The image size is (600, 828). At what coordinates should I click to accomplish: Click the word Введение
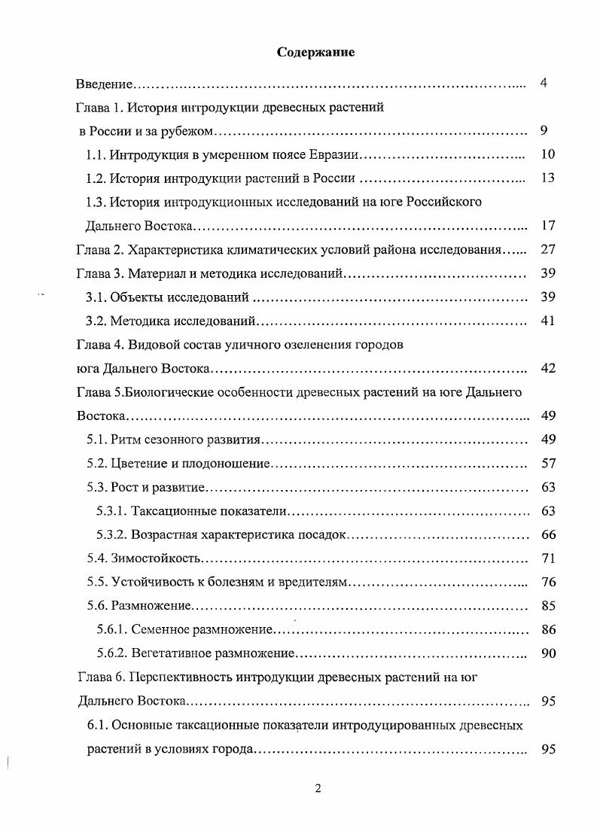(x=105, y=84)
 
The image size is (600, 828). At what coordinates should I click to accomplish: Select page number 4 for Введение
(x=544, y=83)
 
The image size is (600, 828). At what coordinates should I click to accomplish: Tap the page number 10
(x=547, y=155)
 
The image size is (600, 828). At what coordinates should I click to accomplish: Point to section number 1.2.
(x=96, y=179)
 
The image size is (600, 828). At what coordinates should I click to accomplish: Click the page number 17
(x=547, y=225)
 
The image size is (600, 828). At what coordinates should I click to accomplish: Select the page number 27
(x=547, y=249)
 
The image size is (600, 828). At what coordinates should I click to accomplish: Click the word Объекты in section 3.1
(x=134, y=297)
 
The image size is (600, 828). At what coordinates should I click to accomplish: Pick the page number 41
(x=547, y=321)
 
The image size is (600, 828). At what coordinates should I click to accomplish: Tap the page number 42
(x=547, y=368)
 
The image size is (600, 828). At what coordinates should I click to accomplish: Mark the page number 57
(x=547, y=464)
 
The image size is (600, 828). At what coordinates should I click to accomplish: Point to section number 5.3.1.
(x=112, y=511)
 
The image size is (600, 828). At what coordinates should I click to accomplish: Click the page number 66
(x=547, y=534)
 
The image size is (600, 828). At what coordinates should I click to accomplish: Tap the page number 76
(x=547, y=582)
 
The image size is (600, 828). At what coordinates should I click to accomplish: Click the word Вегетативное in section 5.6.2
(x=169, y=653)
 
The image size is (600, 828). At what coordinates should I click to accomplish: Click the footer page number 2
(x=318, y=788)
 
